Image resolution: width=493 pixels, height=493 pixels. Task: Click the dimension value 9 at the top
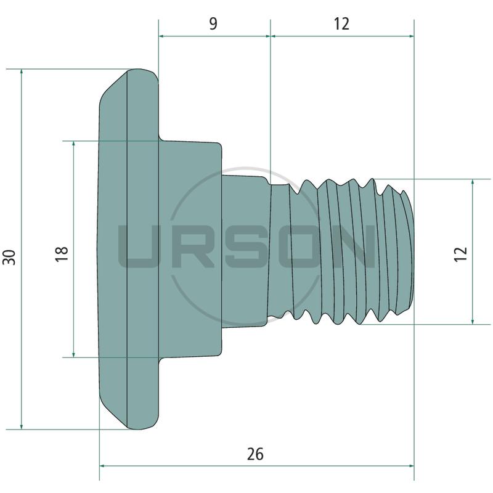(213, 23)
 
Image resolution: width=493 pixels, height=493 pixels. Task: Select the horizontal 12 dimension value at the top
(341, 23)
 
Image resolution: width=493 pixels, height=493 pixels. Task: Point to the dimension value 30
(9, 257)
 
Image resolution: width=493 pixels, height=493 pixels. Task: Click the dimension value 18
(62, 254)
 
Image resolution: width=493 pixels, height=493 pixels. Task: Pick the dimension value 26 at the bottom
(255, 454)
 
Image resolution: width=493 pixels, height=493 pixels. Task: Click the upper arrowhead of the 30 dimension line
(22, 72)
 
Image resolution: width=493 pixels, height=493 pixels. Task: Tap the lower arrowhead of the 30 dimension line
(22, 426)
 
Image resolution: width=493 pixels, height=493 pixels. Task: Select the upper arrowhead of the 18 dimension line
(73, 144)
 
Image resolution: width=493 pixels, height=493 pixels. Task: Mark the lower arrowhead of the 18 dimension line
(73, 354)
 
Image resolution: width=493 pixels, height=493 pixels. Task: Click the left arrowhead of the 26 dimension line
(103, 466)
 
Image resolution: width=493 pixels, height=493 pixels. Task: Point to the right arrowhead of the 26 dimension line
(410, 466)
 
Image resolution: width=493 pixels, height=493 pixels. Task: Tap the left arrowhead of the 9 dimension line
(162, 36)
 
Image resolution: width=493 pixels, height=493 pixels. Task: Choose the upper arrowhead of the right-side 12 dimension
(473, 182)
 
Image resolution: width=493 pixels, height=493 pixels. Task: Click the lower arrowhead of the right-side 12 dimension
(473, 320)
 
